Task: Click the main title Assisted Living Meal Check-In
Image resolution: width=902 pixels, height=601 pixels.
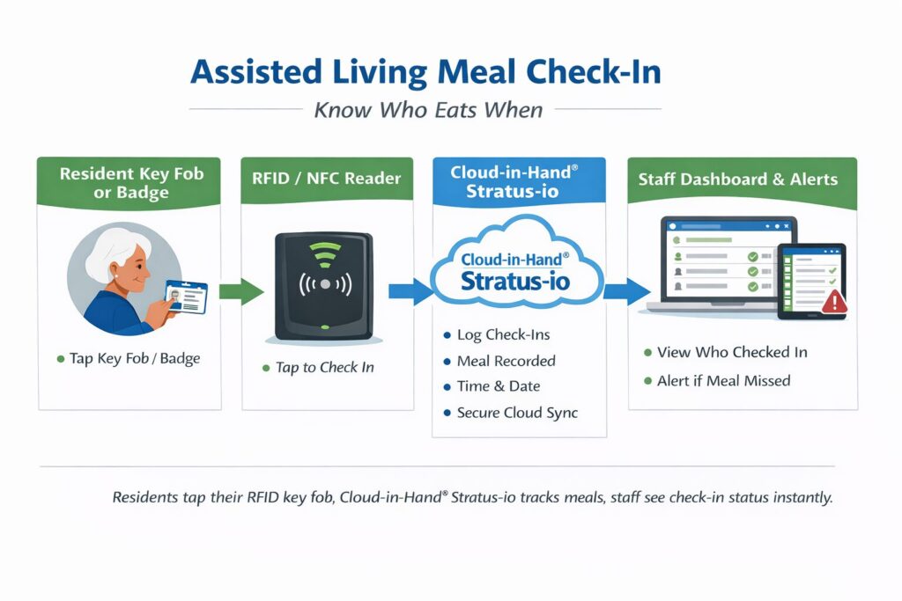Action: coord(425,71)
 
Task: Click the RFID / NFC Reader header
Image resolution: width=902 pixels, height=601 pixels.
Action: coord(327,179)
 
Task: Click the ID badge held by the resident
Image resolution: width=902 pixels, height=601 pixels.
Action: coord(186,297)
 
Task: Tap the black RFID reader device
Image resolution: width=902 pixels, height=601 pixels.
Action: coord(324,285)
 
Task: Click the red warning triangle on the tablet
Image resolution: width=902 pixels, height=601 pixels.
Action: coord(832,302)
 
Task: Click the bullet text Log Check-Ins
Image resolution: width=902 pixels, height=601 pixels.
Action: coord(504,335)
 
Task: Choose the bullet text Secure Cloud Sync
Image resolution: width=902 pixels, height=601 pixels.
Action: coord(517,413)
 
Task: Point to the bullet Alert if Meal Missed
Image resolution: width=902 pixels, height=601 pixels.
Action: coord(723,381)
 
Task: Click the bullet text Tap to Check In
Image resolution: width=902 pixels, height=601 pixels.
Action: coord(324,367)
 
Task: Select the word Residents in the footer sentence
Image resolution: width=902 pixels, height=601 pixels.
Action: coord(144,497)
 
